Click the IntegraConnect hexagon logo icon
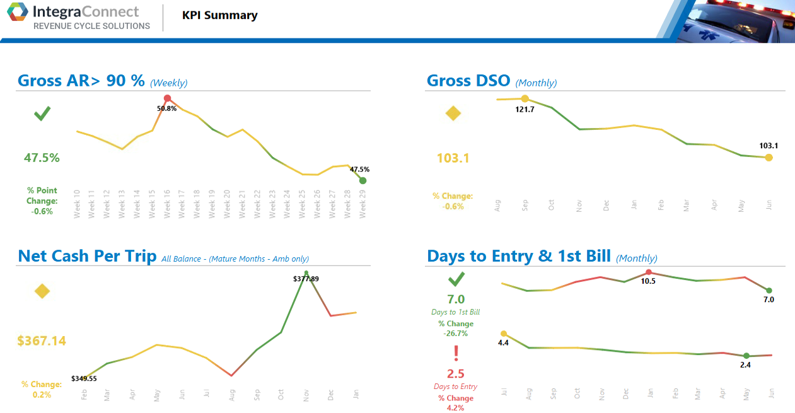pos(18,13)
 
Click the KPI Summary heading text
pos(220,16)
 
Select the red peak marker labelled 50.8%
pos(167,98)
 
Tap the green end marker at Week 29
pos(363,181)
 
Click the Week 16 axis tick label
pos(167,204)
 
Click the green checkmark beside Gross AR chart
pos(42,114)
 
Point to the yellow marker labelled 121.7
pos(525,98)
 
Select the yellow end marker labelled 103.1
pos(769,158)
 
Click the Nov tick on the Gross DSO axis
pos(579,205)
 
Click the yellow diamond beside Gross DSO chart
pos(453,114)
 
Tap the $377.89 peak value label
pos(306,279)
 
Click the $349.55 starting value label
pos(84,378)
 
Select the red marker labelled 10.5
pos(649,272)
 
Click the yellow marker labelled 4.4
pos(503,334)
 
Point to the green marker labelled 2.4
pos(746,356)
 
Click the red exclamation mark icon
pos(456,354)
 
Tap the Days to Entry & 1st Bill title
pos(519,256)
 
